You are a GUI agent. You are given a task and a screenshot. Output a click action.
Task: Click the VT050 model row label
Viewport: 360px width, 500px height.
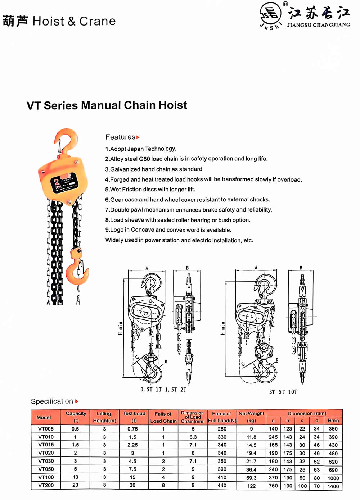point(46,469)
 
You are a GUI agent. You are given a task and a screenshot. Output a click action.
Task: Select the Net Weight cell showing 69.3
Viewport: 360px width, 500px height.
point(251,478)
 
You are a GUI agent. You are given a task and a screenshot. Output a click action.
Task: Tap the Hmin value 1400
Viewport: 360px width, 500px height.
point(333,486)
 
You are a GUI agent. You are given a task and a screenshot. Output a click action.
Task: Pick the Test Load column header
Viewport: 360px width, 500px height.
point(134,417)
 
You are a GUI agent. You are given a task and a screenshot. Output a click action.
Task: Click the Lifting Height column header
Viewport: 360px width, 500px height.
point(104,417)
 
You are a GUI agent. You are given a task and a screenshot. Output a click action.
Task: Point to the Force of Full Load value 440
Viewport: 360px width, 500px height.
point(222,485)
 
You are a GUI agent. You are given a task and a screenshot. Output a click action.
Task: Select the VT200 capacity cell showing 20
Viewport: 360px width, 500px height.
point(75,485)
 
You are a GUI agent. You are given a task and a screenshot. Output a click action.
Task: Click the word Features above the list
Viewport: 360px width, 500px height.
point(120,137)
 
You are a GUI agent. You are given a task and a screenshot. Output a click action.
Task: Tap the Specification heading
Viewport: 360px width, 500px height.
point(52,401)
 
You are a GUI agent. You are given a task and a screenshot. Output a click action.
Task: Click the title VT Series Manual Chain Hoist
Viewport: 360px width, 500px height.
point(107,105)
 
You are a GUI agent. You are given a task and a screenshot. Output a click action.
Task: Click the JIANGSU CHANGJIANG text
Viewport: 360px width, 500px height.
point(319,25)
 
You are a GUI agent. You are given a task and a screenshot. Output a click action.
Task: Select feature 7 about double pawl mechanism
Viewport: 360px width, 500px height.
point(188,210)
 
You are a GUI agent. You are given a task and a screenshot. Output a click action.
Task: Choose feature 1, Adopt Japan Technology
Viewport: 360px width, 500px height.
point(141,149)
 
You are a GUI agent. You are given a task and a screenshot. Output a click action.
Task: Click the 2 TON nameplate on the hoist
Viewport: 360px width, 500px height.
point(64,183)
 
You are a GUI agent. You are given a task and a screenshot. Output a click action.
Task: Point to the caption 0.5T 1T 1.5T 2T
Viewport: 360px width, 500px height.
point(163,390)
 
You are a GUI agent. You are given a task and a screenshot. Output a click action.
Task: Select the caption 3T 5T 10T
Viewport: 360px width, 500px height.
point(283,392)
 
